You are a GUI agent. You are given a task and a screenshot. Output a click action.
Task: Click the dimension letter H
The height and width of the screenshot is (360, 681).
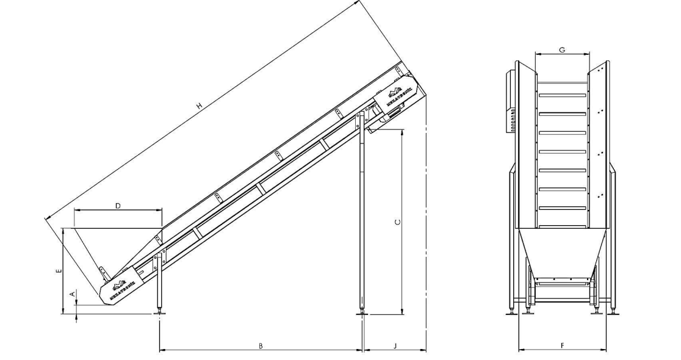coord(200,107)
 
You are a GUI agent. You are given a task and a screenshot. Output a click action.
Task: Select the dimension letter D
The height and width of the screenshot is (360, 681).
coord(118,206)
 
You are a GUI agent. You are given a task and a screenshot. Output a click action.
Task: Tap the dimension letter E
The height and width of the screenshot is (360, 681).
coord(59,272)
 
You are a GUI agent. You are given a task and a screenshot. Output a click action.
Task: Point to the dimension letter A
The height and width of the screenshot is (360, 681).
coord(73,294)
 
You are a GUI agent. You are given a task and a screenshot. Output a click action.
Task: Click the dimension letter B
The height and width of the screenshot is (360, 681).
coord(261,346)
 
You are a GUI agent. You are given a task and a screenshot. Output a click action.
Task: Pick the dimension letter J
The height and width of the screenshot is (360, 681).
coord(395,346)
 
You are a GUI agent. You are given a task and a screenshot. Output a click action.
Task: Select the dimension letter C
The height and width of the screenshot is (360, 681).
coord(398,222)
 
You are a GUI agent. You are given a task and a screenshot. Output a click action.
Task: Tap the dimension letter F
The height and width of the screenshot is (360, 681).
coord(562,346)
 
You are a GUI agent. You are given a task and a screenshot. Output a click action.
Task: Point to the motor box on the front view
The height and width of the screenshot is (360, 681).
coord(510,101)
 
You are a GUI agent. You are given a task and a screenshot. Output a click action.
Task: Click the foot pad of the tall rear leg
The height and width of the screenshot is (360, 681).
coord(362,314)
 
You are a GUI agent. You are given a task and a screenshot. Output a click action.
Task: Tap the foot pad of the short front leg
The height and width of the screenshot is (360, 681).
coord(160,312)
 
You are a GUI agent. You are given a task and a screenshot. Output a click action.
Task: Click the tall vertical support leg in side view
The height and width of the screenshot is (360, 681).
coord(362,214)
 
